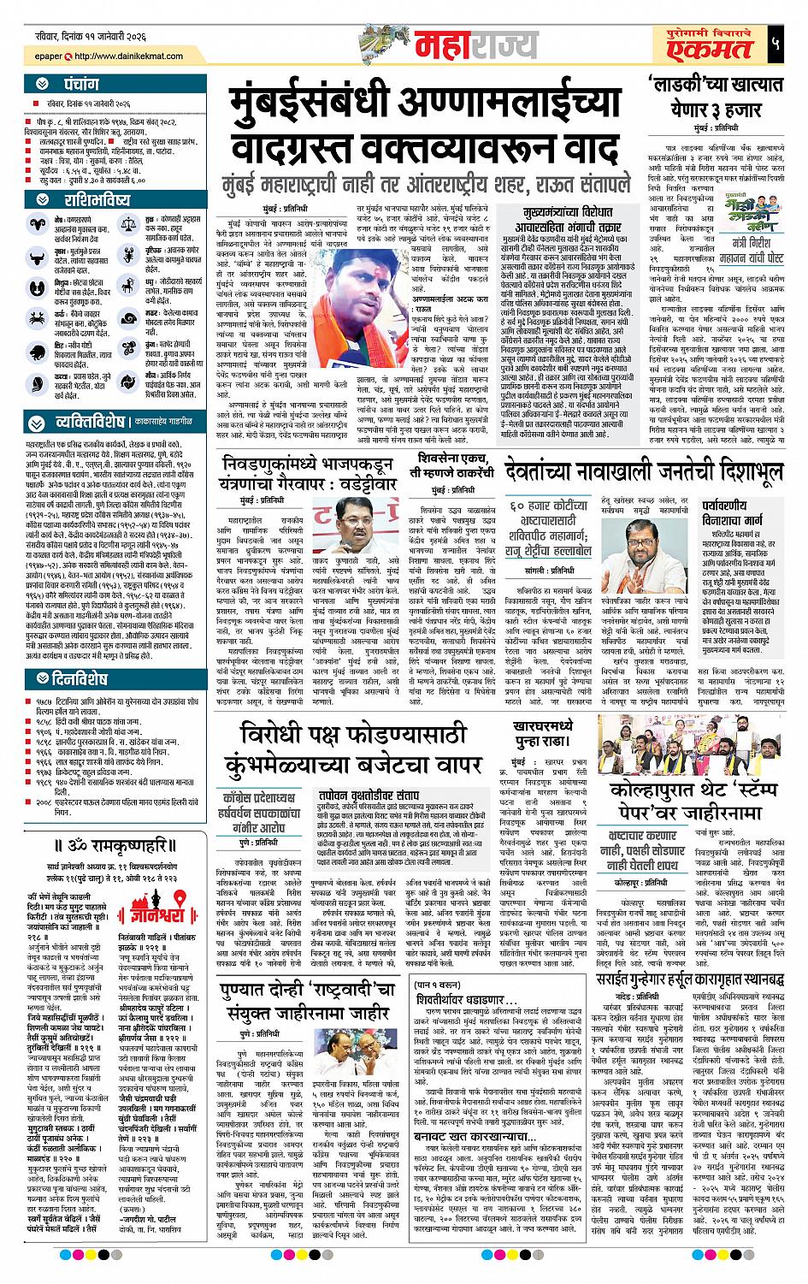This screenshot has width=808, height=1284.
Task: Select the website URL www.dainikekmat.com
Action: [x=129, y=56]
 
